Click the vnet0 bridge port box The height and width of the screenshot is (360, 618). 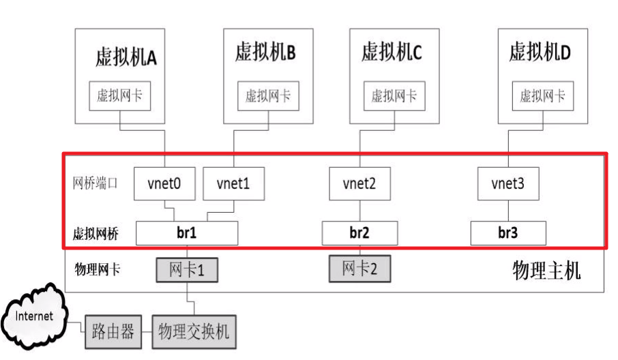click(x=164, y=183)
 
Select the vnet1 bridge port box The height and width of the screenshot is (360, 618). click(x=234, y=183)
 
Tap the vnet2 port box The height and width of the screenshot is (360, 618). click(x=359, y=183)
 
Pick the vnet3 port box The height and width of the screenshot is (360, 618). click(x=507, y=183)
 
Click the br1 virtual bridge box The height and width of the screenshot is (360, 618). click(x=187, y=233)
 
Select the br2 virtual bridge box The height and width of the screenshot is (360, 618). click(x=359, y=233)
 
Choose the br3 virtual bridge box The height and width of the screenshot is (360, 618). click(x=507, y=233)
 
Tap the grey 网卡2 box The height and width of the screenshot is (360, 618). click(x=360, y=268)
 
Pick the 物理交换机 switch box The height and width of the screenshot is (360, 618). click(x=194, y=333)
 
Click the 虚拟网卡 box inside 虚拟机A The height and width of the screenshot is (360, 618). click(x=120, y=96)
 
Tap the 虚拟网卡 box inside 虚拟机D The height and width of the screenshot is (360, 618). click(x=543, y=96)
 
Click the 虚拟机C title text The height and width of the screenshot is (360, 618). click(x=392, y=52)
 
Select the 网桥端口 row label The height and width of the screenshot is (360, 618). click(x=95, y=183)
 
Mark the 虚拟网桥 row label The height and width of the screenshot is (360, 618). click(x=95, y=234)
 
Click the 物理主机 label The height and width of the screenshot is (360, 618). click(x=546, y=271)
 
